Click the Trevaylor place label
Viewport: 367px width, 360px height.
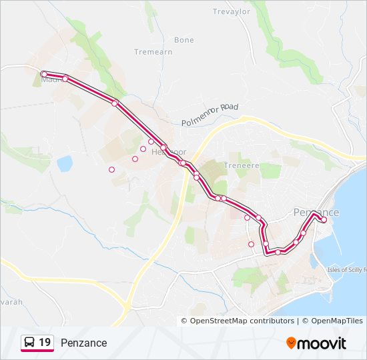tap(230, 11)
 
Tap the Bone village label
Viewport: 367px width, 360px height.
tap(184, 40)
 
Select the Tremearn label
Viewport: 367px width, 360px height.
tap(154, 52)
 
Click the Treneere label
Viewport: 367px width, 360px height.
tap(241, 165)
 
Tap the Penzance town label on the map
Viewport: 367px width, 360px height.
tap(316, 212)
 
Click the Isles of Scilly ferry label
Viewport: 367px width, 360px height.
tap(346, 270)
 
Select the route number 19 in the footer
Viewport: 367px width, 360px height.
tap(45, 342)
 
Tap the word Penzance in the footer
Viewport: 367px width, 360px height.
tap(83, 343)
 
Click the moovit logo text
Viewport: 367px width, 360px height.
tap(322, 343)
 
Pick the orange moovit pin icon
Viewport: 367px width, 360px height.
tap(292, 343)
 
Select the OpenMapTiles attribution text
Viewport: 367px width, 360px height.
tap(332, 321)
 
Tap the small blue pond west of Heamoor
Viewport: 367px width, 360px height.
tap(65, 163)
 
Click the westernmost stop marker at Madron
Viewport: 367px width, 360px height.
tap(43, 74)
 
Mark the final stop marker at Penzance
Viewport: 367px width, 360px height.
tap(324, 219)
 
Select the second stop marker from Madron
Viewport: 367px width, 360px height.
tap(65, 79)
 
